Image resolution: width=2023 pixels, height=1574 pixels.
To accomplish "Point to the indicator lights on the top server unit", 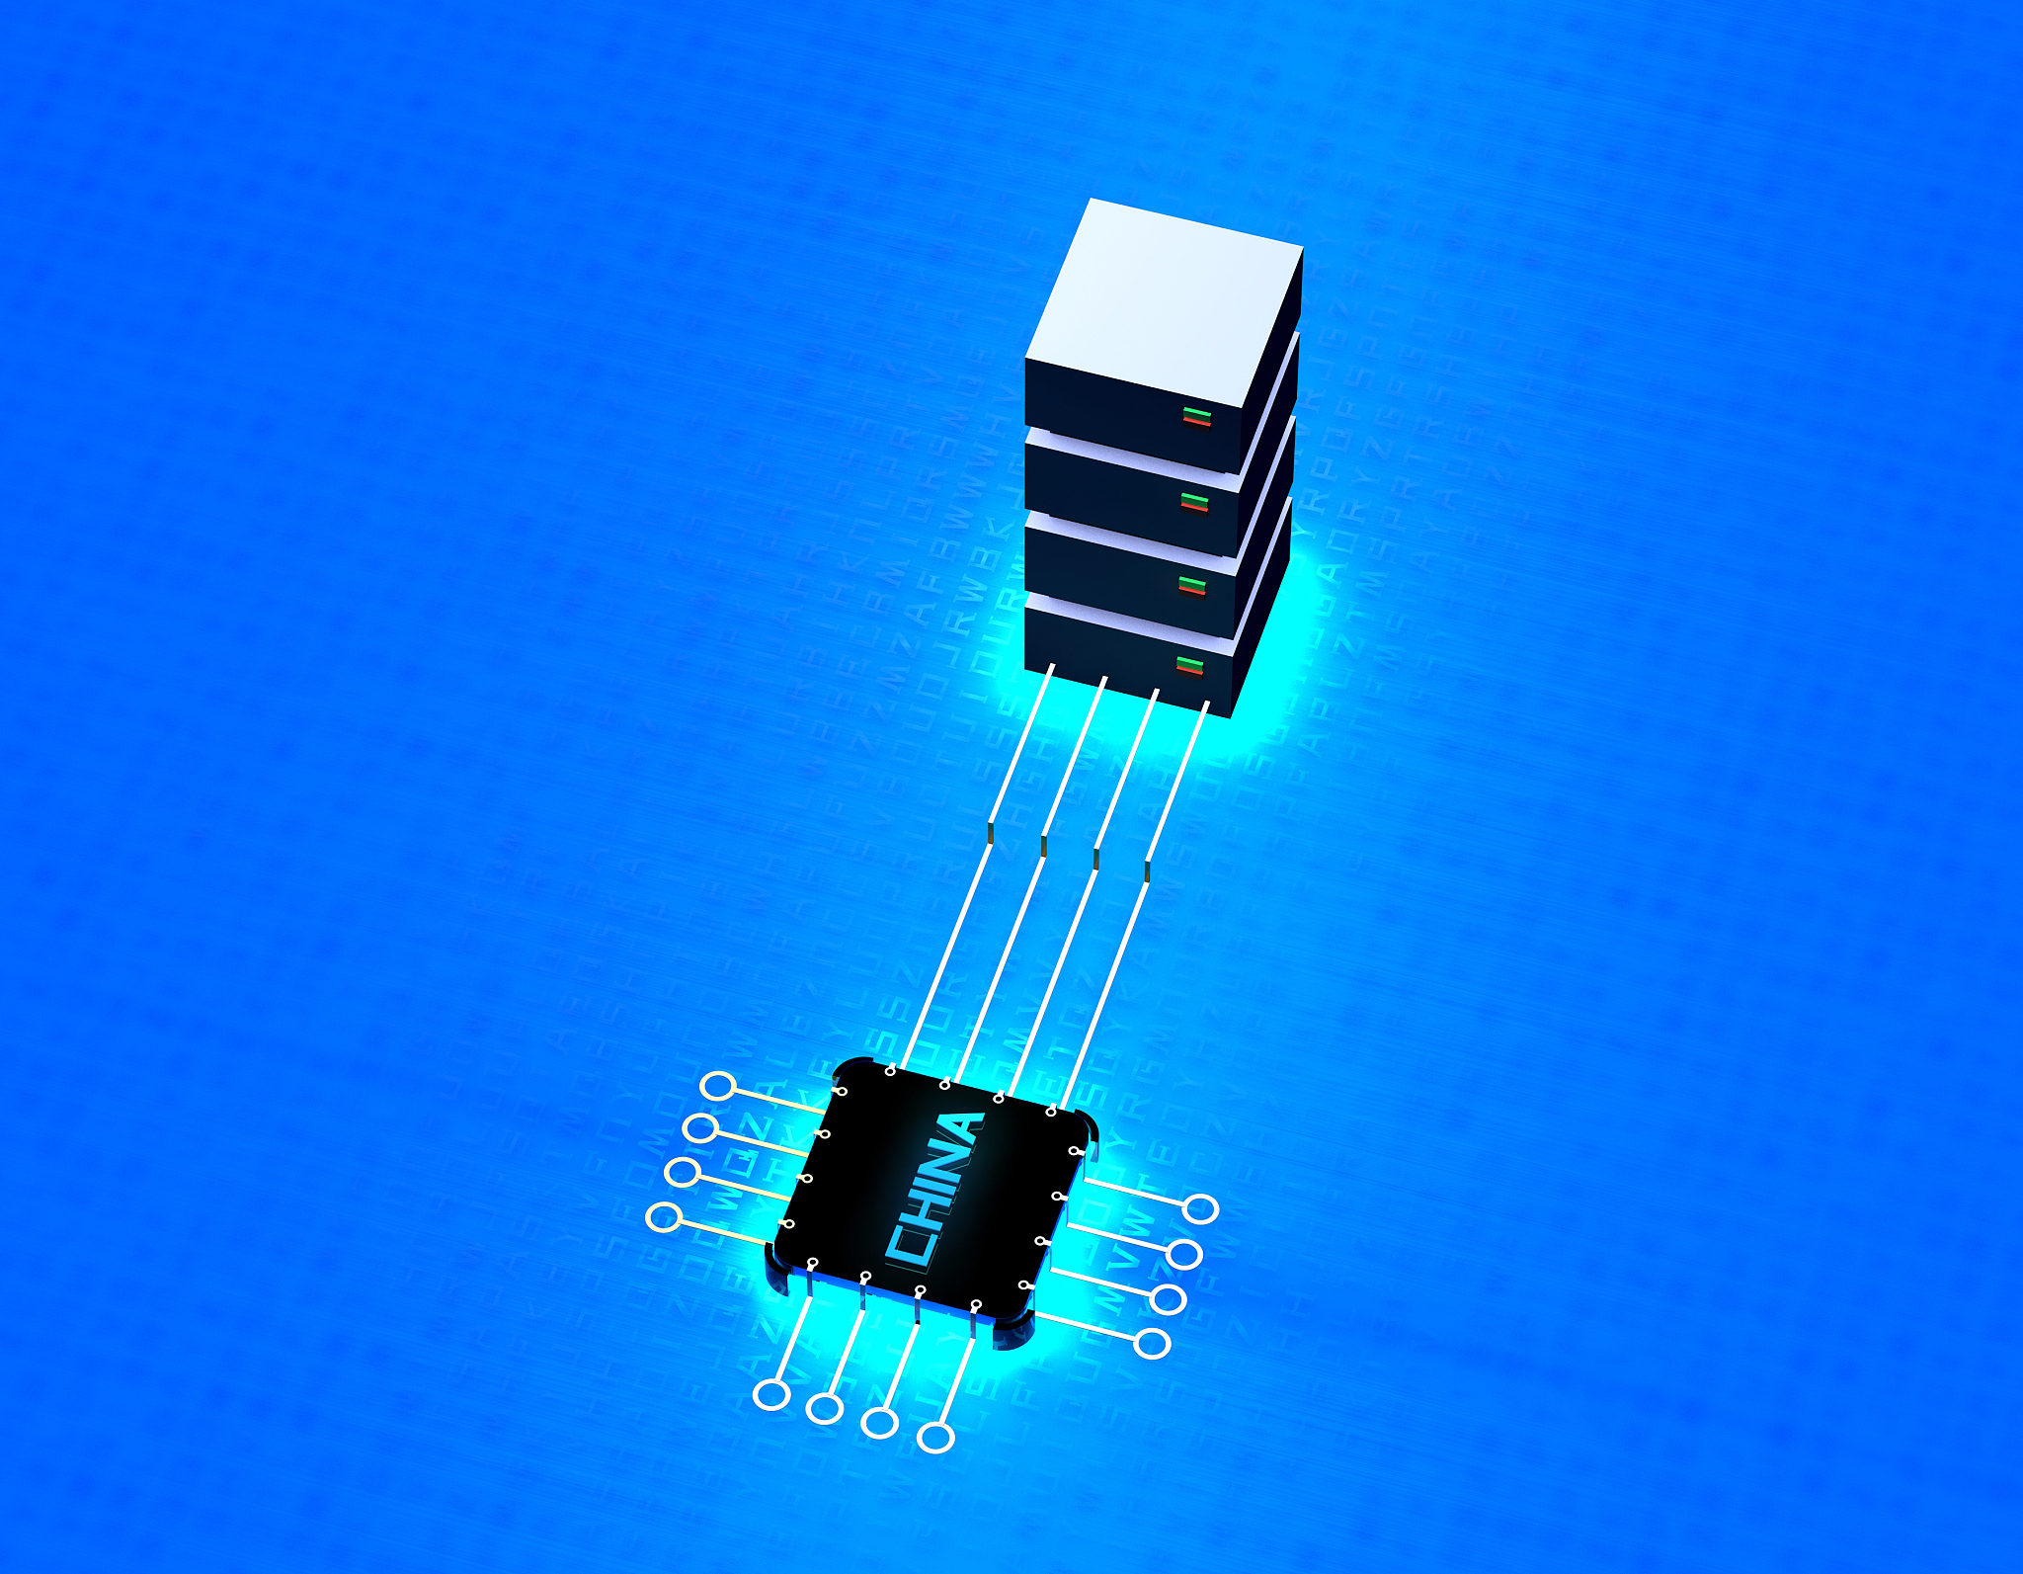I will [1196, 415].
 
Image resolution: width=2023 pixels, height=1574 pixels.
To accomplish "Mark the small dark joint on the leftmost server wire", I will [990, 834].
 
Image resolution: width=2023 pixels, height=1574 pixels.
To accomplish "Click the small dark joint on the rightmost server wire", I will [1148, 870].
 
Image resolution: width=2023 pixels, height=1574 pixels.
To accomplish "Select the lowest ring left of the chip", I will [663, 1217].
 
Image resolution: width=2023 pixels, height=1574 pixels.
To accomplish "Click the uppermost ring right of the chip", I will [1201, 1208].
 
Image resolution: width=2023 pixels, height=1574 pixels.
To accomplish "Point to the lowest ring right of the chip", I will [1153, 1343].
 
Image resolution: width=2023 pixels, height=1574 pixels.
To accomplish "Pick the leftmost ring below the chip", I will [770, 1395].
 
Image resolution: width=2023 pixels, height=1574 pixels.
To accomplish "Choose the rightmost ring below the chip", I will [936, 1437].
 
